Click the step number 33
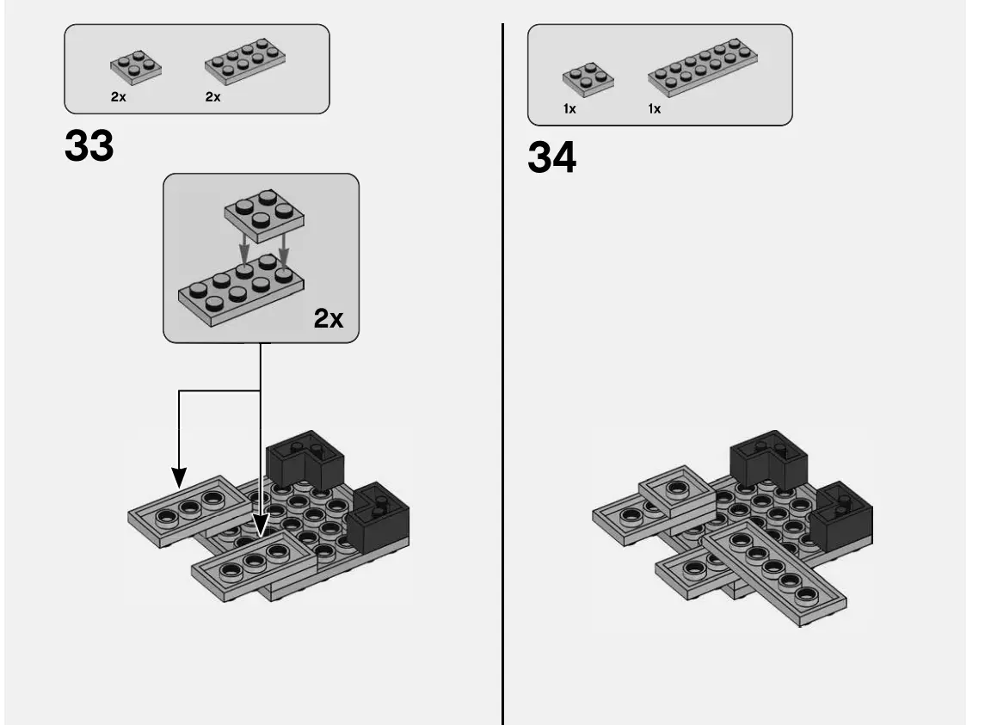[89, 147]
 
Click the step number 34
[551, 158]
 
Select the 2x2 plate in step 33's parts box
[135, 67]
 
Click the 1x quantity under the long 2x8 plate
[655, 109]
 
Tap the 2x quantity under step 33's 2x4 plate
[212, 97]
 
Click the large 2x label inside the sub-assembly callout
[328, 319]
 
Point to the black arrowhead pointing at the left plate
[179, 476]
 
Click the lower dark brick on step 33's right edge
[378, 519]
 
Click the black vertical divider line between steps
[502, 370]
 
